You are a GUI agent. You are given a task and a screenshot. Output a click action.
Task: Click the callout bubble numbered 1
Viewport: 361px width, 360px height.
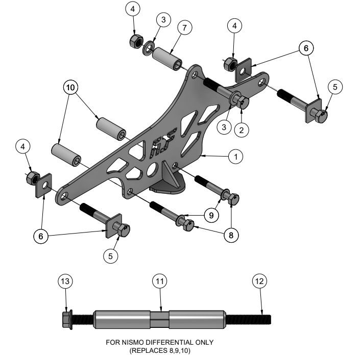pos(235,157)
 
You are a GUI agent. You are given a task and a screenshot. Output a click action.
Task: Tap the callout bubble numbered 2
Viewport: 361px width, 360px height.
pos(242,130)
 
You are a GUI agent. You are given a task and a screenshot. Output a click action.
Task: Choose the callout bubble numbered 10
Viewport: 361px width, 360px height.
pos(70,87)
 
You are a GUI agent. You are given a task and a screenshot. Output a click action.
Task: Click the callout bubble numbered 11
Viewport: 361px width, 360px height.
pos(161,280)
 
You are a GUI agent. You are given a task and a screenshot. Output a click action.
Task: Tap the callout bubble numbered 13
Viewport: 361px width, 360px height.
pos(66,280)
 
